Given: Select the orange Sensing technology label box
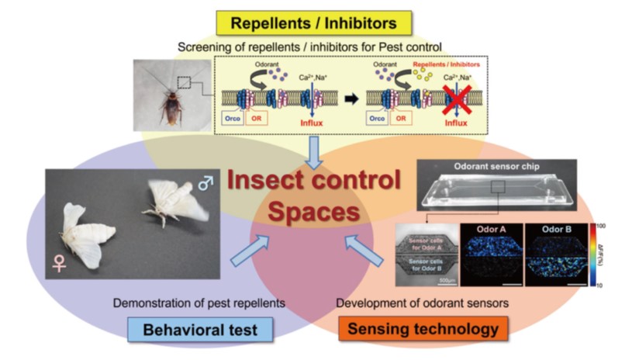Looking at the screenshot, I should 423,329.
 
